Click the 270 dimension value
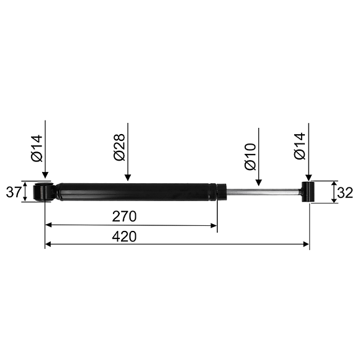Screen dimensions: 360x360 pyautogui.click(x=124, y=216)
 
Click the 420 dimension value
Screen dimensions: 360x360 pyautogui.click(x=124, y=236)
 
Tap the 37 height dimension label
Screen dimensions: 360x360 pyautogui.click(x=13, y=192)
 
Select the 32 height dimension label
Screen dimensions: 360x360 pyautogui.click(x=345, y=193)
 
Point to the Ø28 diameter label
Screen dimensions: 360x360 pyautogui.click(x=119, y=147)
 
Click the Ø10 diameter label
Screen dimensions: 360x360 pyautogui.click(x=250, y=157)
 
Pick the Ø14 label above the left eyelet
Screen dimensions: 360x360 pyautogui.click(x=37, y=148)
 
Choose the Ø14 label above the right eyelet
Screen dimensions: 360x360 pyautogui.click(x=300, y=146)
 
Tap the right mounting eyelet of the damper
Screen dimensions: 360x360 pyautogui.click(x=308, y=192)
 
